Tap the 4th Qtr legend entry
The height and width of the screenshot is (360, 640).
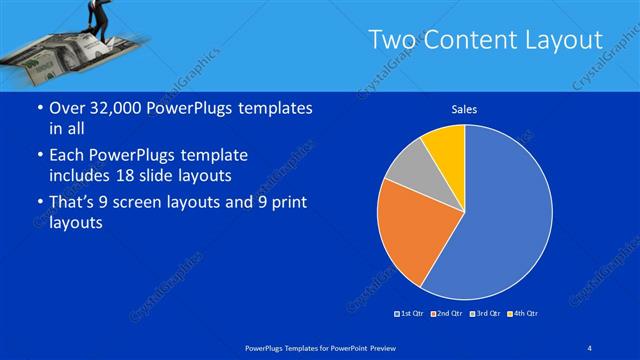click(x=522, y=314)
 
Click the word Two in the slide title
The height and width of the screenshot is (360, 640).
click(x=391, y=40)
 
